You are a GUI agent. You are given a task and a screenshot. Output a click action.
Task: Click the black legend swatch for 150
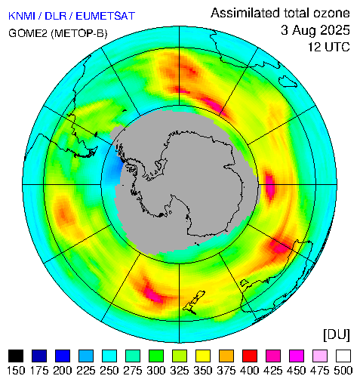point(16,356)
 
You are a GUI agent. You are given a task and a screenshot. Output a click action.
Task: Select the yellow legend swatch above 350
point(203,356)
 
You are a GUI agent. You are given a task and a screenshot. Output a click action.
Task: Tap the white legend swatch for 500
point(343,356)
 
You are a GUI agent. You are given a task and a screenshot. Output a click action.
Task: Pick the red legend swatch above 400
point(250,356)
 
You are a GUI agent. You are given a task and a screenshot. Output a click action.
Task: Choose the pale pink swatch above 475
point(320,356)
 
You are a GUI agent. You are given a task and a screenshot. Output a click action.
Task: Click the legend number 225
point(86,371)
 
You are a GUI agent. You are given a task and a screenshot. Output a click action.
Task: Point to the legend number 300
point(156,371)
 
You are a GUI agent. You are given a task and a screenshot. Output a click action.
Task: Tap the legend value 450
point(297,371)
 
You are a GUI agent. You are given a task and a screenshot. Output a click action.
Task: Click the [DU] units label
point(337,334)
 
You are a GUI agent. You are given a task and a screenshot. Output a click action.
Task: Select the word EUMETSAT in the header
point(106,16)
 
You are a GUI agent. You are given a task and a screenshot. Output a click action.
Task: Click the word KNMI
point(22,16)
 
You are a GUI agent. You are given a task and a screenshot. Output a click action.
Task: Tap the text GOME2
point(28,33)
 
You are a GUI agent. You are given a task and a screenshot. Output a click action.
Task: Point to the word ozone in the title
point(331,13)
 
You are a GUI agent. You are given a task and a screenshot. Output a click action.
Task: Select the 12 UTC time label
point(329,47)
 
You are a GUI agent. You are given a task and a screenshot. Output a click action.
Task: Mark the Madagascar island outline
point(288,82)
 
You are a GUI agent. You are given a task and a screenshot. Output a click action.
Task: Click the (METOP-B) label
point(79,33)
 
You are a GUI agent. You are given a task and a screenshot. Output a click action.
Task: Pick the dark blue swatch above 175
point(39,356)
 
